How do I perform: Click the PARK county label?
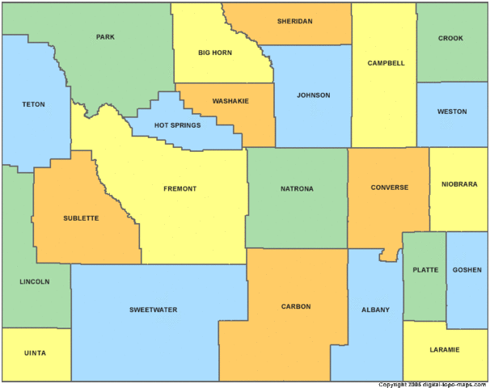tap(105, 37)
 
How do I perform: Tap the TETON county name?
tap(33, 104)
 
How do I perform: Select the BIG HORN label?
tap(215, 53)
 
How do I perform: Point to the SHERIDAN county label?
tap(294, 21)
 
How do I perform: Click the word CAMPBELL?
tap(385, 63)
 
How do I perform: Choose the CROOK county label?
tap(450, 38)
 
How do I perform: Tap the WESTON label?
tap(451, 112)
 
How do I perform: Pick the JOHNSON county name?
tap(313, 95)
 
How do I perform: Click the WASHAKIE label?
tap(230, 101)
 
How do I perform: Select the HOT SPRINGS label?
tap(177, 125)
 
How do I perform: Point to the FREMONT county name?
tap(180, 189)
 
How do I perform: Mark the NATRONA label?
tap(297, 189)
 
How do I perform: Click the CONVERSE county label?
tap(390, 188)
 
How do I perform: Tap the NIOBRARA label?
tap(458, 183)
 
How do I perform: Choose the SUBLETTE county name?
tap(81, 218)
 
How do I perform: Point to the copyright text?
tap(433, 384)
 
